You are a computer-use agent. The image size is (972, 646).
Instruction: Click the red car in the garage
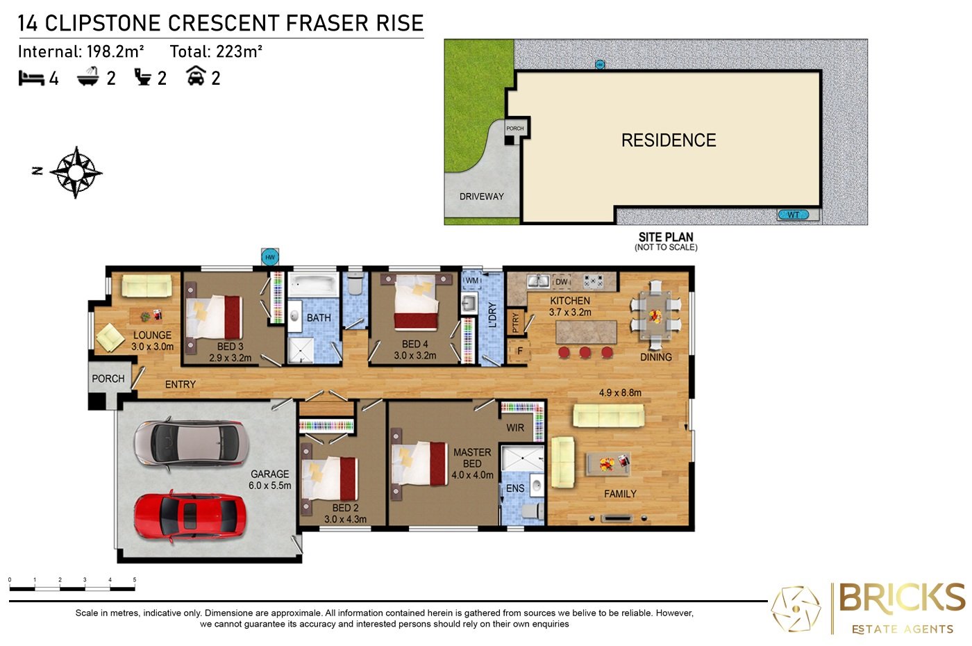190,517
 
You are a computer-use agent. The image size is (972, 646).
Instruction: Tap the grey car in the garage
191,444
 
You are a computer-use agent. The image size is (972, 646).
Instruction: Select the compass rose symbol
76,172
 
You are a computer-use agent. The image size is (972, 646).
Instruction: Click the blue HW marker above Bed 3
270,257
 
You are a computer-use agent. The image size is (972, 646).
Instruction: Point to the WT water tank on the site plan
793,215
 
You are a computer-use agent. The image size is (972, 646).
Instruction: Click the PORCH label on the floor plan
108,379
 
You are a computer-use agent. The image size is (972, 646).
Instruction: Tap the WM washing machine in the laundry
471,281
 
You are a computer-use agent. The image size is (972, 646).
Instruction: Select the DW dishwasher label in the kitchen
562,282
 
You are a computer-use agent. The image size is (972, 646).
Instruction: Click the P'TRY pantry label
515,323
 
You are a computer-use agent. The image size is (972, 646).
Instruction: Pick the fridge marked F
520,351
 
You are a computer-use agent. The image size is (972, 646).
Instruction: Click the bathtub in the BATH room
314,284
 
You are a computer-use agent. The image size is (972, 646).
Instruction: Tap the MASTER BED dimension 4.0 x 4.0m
472,475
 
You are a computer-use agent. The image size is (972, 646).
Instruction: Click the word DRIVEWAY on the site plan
482,196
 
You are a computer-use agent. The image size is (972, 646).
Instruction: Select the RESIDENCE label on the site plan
669,140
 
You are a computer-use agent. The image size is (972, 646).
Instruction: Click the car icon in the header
196,76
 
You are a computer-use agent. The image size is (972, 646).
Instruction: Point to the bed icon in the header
31,78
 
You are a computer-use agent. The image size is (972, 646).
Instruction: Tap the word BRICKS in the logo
902,597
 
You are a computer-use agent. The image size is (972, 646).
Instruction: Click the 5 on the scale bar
135,579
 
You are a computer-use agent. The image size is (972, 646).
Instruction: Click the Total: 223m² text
216,51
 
